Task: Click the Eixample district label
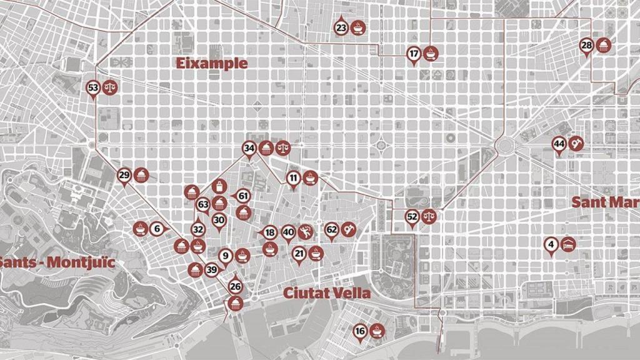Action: pos(211,63)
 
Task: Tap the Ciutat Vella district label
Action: pos(327,292)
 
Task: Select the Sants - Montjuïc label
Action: pos(57,261)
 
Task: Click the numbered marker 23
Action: pos(341,27)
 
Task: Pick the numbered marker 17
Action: pos(414,54)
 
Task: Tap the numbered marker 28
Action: pos(586,45)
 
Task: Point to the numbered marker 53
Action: pos(93,88)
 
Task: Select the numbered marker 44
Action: pos(559,144)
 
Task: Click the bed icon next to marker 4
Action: pos(568,243)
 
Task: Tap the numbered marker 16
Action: pos(360,331)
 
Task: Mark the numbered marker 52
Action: pos(412,217)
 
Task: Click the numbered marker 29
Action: pos(124,175)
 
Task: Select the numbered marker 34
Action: pos(249,148)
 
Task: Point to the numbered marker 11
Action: pos(294,178)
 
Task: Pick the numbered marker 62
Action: pos(332,230)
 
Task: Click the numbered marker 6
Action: pos(156,229)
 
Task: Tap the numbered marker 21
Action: pos(299,253)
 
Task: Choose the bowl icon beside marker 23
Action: pos(357,27)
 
